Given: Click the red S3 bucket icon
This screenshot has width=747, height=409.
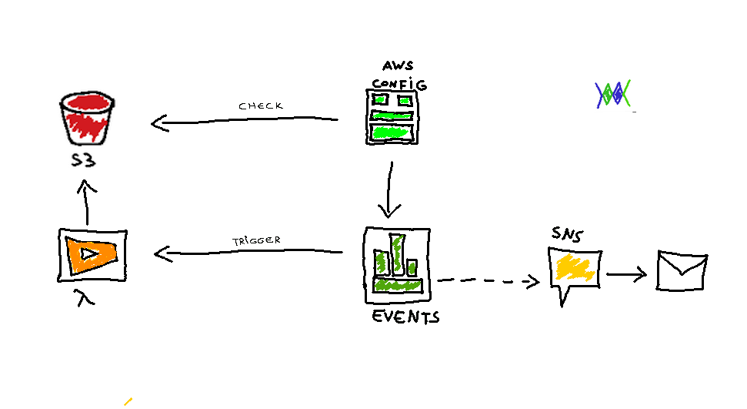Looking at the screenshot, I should pyautogui.click(x=86, y=119).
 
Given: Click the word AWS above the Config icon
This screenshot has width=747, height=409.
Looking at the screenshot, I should pyautogui.click(x=398, y=67).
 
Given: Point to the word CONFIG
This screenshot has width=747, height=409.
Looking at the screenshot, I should pyautogui.click(x=399, y=82).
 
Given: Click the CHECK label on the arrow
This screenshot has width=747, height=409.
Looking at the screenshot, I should pyautogui.click(x=261, y=106).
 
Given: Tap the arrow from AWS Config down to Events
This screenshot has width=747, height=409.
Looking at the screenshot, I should pyautogui.click(x=390, y=189).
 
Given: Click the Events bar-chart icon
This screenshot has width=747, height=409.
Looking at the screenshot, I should pyautogui.click(x=396, y=263).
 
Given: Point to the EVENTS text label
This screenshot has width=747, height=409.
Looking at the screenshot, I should pyautogui.click(x=405, y=316).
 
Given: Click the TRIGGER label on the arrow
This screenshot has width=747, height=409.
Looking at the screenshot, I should pyautogui.click(x=256, y=240).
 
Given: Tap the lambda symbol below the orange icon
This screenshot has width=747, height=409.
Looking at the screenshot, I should pyautogui.click(x=86, y=297).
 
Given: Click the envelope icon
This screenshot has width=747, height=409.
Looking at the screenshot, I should pyautogui.click(x=682, y=270).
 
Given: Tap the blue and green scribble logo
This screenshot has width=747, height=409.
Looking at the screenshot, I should pyautogui.click(x=613, y=93).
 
